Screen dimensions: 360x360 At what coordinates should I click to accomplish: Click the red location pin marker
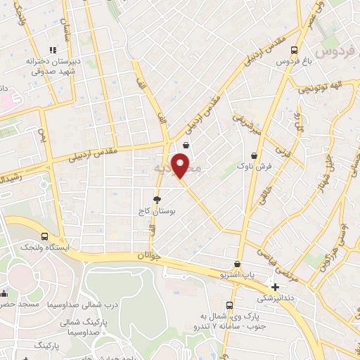(x=181, y=165)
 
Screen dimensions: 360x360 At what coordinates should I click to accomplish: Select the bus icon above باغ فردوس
(x=295, y=51)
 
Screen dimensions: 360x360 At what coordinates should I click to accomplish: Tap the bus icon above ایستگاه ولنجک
(x=46, y=237)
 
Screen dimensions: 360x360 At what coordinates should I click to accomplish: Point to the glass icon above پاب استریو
(x=238, y=264)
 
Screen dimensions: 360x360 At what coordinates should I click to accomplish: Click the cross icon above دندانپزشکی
(x=275, y=287)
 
